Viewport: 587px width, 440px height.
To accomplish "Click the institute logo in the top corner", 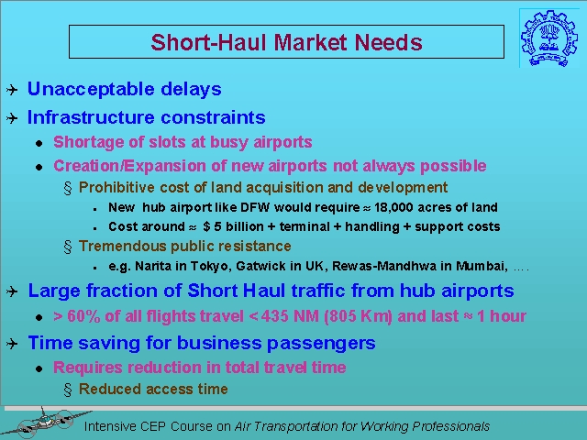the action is (x=544, y=38).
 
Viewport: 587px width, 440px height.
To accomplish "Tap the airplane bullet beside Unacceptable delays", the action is (x=12, y=90).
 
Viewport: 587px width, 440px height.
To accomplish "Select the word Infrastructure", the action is (x=90, y=117).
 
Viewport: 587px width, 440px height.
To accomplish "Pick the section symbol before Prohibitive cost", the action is (x=68, y=188).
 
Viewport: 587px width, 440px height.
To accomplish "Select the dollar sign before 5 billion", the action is (x=206, y=226).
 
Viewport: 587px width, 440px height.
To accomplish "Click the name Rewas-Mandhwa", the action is (x=384, y=266).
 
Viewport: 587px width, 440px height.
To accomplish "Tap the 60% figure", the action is (x=83, y=316).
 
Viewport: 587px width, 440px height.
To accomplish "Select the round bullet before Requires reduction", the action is (x=39, y=368).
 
